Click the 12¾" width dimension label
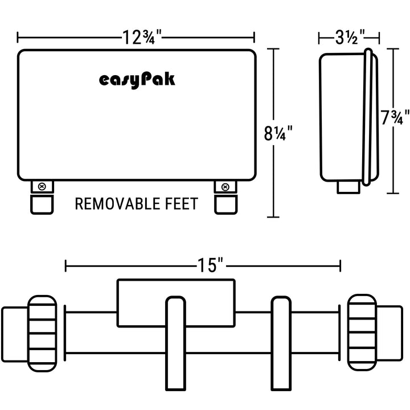click(142, 38)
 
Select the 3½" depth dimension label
click(350, 38)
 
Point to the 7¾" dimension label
click(395, 117)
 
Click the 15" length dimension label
click(210, 265)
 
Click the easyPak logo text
click(137, 80)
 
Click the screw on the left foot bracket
click(42, 187)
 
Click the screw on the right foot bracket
click(225, 187)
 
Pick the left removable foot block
click(42, 204)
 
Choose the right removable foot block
click(226, 205)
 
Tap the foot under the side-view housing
click(348, 187)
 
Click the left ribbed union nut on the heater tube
click(42, 334)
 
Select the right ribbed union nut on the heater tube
click(362, 333)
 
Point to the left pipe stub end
click(15, 335)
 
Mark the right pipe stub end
click(389, 333)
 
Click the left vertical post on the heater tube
click(176, 343)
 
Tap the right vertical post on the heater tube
click(281, 343)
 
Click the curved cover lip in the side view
click(367, 117)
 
